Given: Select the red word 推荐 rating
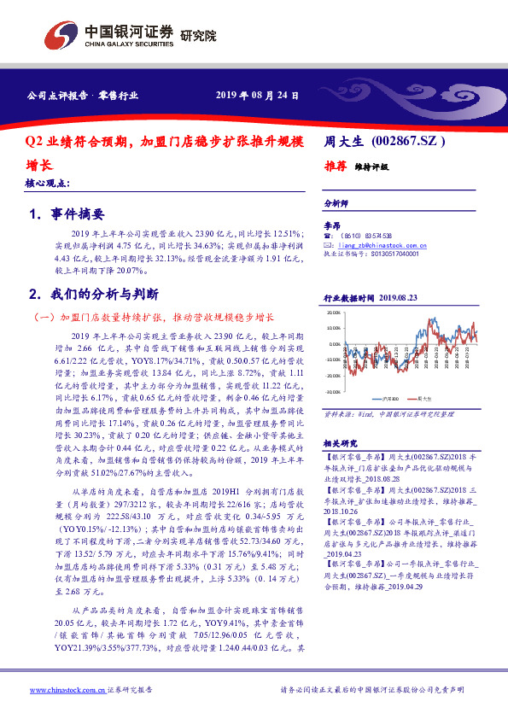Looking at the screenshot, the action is (x=334, y=167).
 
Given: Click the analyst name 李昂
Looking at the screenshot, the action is (x=331, y=225).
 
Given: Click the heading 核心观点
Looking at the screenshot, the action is (x=48, y=184).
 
